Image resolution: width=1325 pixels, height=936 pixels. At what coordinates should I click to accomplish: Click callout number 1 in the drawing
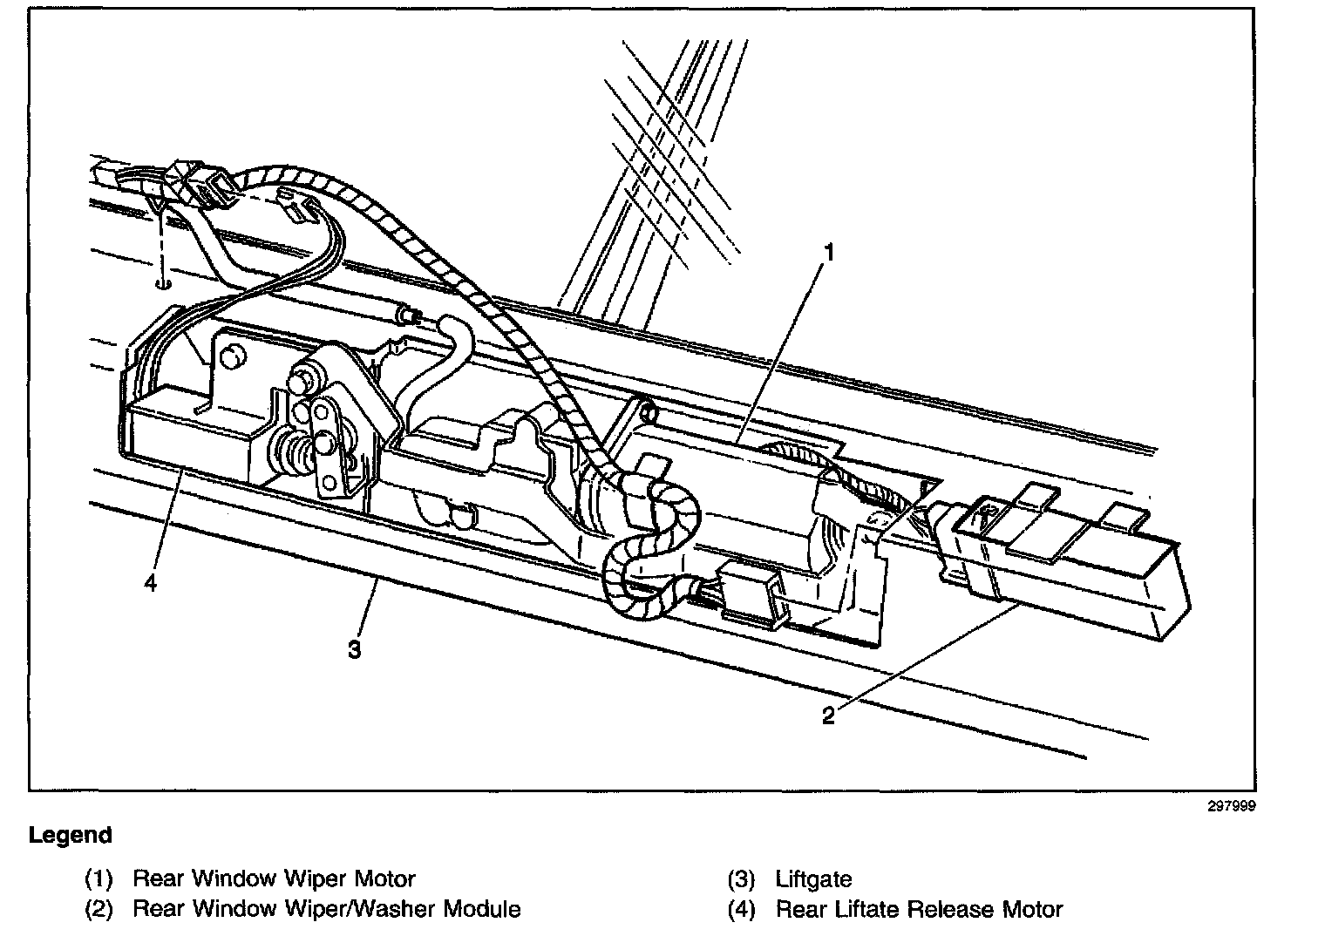pyautogui.click(x=829, y=254)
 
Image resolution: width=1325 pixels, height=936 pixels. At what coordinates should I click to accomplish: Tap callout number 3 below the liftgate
pyautogui.click(x=354, y=649)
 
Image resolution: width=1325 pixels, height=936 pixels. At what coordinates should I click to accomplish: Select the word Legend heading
pyautogui.click(x=71, y=835)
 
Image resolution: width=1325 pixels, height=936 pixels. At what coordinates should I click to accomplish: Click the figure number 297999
pyautogui.click(x=1231, y=807)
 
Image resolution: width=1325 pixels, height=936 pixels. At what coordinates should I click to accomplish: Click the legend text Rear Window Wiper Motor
pyautogui.click(x=274, y=878)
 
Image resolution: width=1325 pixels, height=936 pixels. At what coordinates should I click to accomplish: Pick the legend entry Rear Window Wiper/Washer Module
pyautogui.click(x=326, y=910)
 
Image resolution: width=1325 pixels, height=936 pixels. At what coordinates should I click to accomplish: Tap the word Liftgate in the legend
pyautogui.click(x=813, y=878)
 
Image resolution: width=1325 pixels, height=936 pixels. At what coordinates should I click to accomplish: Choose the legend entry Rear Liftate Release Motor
pyautogui.click(x=919, y=910)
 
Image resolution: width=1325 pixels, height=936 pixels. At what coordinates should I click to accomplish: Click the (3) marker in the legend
pyautogui.click(x=741, y=878)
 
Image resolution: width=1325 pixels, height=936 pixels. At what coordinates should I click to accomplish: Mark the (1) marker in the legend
pyautogui.click(x=99, y=878)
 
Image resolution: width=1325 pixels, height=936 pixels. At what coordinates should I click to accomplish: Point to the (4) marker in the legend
pyautogui.click(x=741, y=910)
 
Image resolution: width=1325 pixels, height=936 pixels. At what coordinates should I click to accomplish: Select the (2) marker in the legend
pyautogui.click(x=99, y=910)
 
